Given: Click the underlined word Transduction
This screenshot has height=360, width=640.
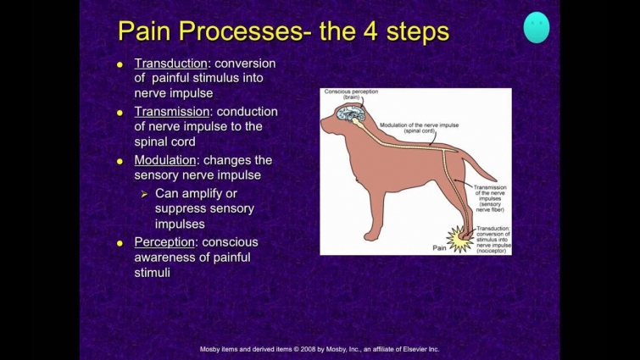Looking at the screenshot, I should (170, 64).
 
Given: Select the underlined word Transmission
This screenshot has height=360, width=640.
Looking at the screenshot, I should (171, 112).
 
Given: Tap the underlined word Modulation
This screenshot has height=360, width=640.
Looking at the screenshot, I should (166, 160).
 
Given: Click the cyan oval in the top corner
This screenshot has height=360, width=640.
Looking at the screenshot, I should (536, 27).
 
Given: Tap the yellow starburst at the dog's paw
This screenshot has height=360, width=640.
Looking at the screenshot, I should (461, 240).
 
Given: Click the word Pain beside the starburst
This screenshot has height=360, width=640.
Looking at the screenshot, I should (438, 249).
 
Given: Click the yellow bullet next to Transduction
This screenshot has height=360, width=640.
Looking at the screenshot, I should (120, 64).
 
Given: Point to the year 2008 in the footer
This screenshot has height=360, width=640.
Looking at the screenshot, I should (296, 349).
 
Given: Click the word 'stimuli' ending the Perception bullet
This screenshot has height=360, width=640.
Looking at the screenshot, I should (153, 273).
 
